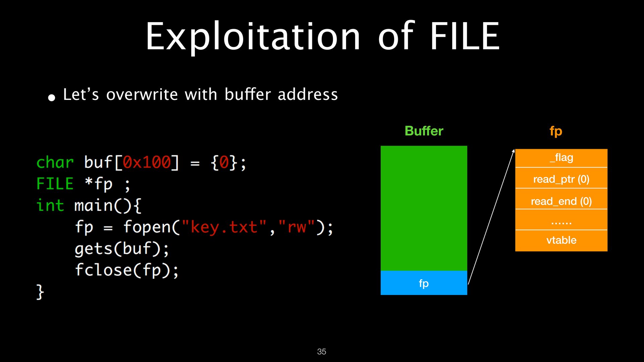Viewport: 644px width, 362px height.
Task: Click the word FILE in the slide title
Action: coord(465,36)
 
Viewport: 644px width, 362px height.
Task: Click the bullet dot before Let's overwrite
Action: coord(51,98)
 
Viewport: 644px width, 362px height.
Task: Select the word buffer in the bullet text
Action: coord(248,94)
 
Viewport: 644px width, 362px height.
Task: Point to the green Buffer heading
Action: coord(424,131)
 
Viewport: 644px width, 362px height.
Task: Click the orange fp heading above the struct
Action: coord(556,131)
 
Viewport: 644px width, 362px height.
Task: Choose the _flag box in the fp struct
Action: coord(561,158)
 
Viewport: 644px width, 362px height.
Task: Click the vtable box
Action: coord(561,241)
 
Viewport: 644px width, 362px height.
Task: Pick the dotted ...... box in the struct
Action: coord(561,220)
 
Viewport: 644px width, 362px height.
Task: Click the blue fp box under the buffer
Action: coord(424,283)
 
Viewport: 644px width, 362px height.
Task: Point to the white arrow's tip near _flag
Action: coord(514,149)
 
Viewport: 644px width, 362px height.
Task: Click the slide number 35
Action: coord(322,352)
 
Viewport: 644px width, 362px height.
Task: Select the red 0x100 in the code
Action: coord(147,163)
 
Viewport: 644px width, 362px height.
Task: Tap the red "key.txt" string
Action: coord(224,227)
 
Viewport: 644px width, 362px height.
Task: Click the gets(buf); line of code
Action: coord(122,249)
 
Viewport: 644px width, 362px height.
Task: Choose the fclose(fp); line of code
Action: coord(127,270)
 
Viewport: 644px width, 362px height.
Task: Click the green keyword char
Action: coord(55,163)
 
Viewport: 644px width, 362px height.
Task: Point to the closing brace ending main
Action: coord(40,292)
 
